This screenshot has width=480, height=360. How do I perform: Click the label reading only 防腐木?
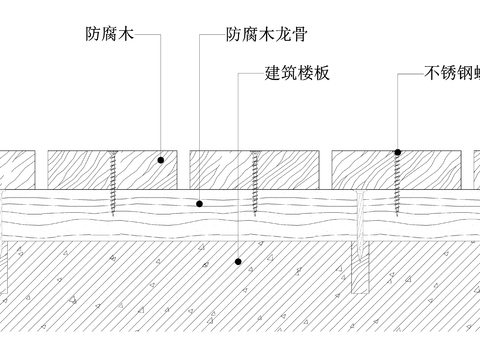109,34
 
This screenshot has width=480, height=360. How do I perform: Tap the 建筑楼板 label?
297,73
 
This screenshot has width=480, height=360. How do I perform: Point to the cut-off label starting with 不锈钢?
451,73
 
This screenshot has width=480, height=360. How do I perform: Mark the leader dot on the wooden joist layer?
200,203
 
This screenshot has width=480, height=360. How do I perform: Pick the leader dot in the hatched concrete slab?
237,262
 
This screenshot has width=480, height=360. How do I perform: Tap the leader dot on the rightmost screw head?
397,152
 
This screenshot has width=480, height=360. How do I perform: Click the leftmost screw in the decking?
116,180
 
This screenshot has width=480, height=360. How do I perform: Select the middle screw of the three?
258,180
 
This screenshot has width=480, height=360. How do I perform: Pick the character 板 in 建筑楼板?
321,73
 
